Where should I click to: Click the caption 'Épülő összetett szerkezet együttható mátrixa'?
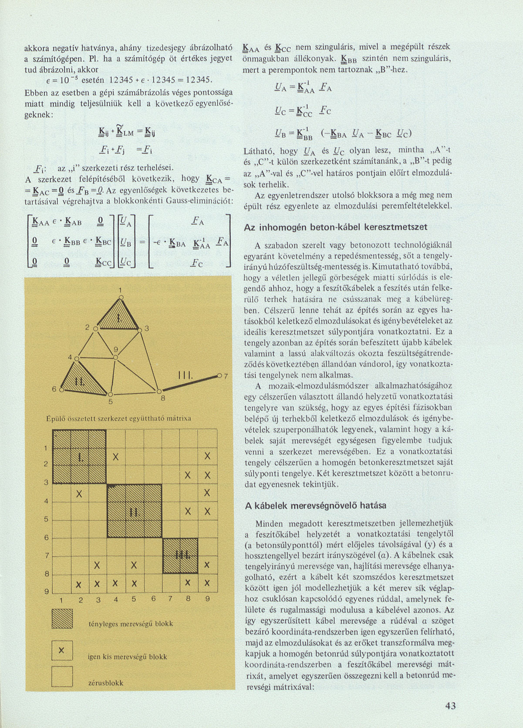pyautogui.click(x=119, y=419)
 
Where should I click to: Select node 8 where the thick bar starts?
pyautogui.click(x=159, y=391)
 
